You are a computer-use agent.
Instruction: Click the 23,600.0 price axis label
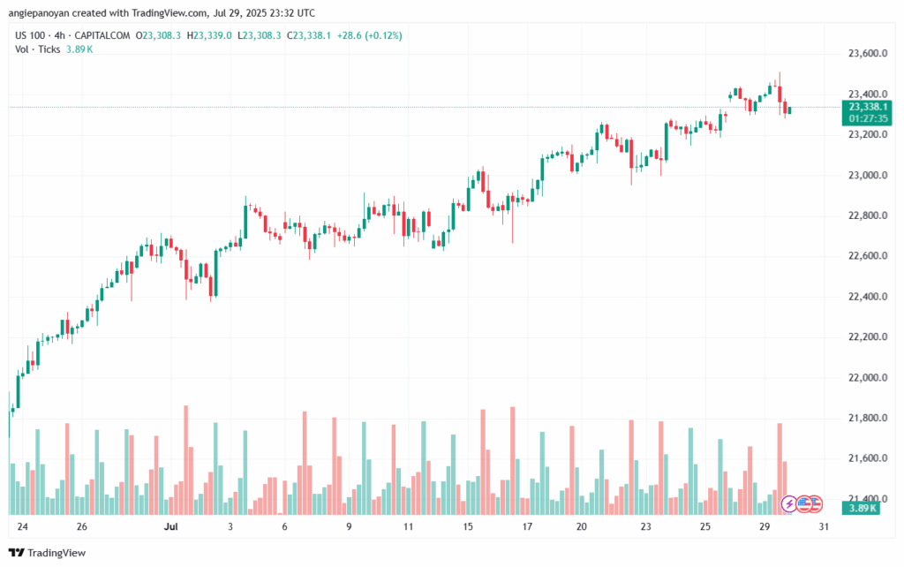point(859,54)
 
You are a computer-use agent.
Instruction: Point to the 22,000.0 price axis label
point(859,378)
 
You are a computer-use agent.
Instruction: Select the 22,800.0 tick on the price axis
point(859,215)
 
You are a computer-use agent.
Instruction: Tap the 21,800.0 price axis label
point(859,419)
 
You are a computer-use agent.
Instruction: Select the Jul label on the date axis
point(172,526)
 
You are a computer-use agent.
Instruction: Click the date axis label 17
point(527,526)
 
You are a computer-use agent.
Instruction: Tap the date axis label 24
point(21,526)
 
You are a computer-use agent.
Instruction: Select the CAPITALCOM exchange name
point(106,35)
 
